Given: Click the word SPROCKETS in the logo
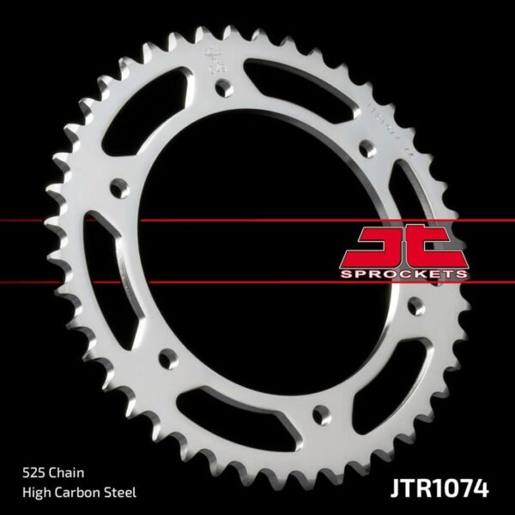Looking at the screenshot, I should pyautogui.click(x=405, y=273).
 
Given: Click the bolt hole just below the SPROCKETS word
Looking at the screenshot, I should pyautogui.click(x=416, y=306).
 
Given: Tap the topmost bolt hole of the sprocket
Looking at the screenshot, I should pyautogui.click(x=223, y=87).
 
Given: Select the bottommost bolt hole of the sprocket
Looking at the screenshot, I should pyautogui.click(x=320, y=416).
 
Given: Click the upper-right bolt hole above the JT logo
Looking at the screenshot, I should pyautogui.click(x=368, y=149).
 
